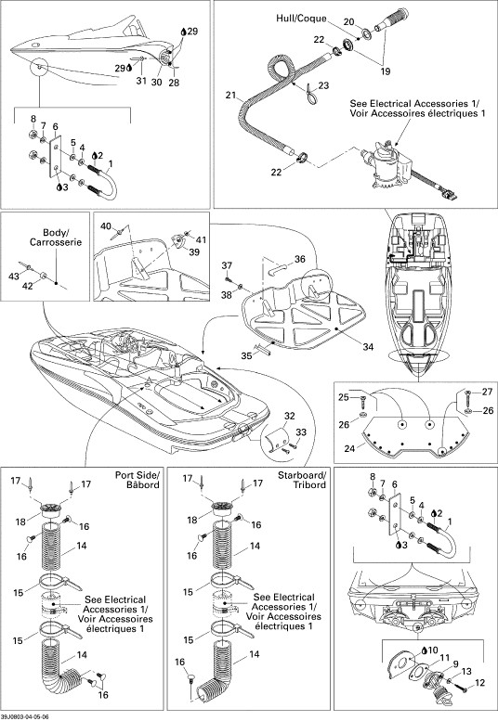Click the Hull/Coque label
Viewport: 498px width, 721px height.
[x=301, y=19]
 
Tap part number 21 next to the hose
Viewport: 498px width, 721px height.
[x=230, y=96]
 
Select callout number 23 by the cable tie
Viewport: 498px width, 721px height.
[x=323, y=85]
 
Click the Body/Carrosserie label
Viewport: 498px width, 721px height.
[x=56, y=238]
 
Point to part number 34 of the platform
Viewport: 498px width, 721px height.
[x=368, y=347]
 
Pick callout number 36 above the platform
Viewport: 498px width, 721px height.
[x=299, y=259]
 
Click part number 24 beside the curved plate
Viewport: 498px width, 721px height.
[x=349, y=448]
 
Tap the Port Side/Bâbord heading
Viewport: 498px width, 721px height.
[x=138, y=480]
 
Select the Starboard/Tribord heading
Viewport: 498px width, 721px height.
[x=301, y=480]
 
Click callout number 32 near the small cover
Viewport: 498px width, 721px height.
[x=290, y=416]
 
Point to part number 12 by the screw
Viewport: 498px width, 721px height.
[x=479, y=683]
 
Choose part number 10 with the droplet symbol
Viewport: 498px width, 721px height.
[x=429, y=650]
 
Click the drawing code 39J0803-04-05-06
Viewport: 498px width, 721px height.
[x=25, y=717]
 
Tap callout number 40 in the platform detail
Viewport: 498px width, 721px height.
[x=106, y=226]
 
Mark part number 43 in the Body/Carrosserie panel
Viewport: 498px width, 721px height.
[x=14, y=277]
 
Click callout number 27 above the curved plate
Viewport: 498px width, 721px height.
[x=487, y=392]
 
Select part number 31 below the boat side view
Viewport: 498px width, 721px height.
[x=141, y=81]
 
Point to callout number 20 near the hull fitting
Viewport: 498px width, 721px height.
[x=348, y=21]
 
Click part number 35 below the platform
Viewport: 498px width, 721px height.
[x=246, y=355]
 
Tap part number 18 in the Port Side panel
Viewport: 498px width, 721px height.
[x=20, y=521]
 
